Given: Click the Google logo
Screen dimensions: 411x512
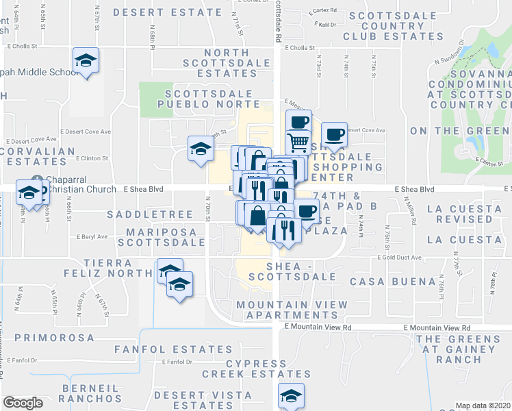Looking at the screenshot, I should click(x=23, y=403).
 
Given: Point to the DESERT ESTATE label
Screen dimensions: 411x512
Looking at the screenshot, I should click(x=168, y=12).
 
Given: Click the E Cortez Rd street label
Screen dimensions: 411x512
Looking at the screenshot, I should click(x=323, y=11).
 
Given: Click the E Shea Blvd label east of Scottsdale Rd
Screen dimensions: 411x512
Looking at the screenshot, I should click(x=415, y=189).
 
